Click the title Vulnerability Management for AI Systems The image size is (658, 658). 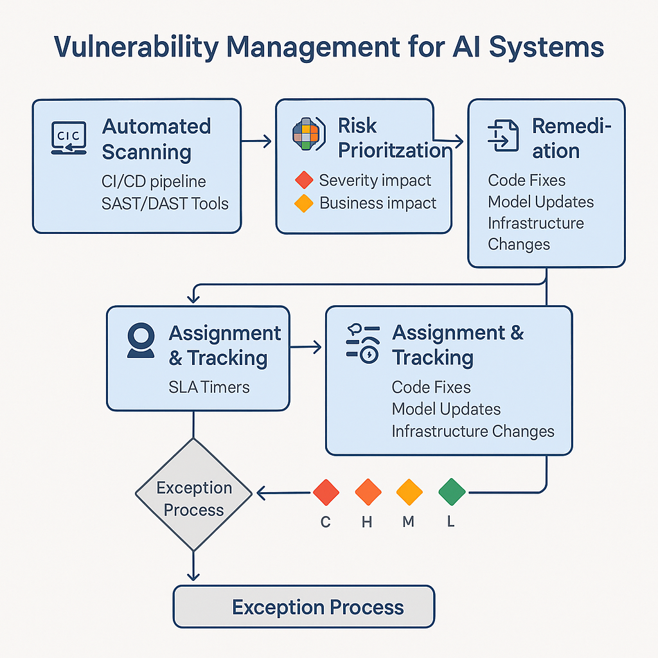328,48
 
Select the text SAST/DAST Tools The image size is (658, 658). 165,204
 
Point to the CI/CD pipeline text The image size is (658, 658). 154,182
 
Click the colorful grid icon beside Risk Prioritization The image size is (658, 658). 306,133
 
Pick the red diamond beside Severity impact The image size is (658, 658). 303,181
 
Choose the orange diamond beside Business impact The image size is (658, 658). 303,204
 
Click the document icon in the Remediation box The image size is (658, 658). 503,136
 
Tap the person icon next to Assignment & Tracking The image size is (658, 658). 140,340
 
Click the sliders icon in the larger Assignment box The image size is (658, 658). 362,344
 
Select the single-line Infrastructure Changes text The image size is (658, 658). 472,431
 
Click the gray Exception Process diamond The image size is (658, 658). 193,494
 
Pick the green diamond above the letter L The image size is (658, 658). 452,492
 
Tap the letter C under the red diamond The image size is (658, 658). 326,522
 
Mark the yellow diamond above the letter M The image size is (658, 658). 409,492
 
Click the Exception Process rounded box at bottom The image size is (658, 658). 304,607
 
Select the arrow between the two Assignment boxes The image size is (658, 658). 307,348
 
